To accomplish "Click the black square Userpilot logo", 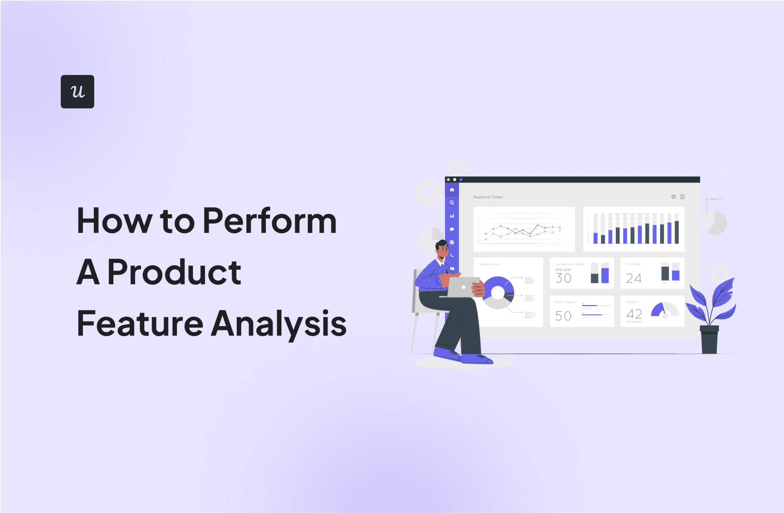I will [77, 91].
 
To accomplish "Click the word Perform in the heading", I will [269, 221].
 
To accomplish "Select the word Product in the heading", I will [174, 272].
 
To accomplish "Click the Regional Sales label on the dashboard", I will [488, 197].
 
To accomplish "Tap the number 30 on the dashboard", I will [563, 278].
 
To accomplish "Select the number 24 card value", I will [633, 278].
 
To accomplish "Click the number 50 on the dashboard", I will [563, 315].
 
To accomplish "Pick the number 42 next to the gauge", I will [634, 314].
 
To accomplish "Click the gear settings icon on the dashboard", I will [673, 197].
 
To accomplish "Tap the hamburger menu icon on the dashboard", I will [682, 197].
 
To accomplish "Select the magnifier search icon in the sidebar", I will [452, 203].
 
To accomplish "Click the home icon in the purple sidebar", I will [452, 190].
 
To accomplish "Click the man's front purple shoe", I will [477, 358].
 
